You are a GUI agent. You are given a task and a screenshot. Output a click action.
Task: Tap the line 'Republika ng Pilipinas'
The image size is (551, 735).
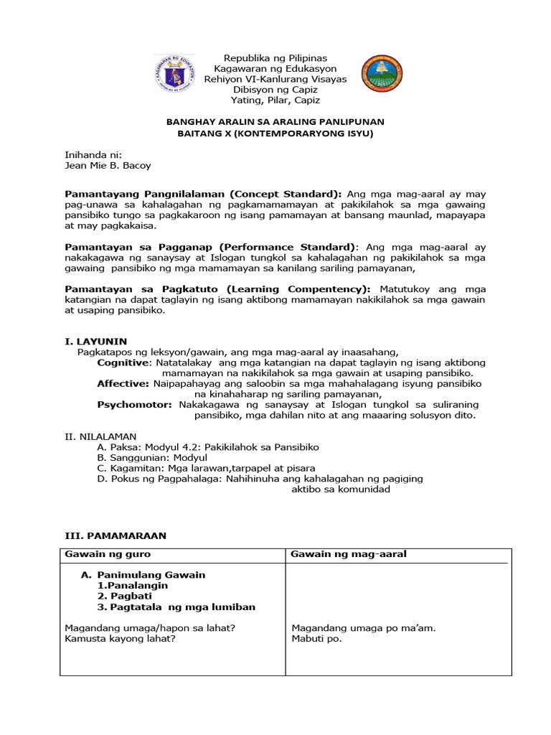coord(275,57)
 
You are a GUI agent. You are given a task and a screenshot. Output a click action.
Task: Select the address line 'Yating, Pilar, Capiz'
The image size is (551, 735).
coord(275,100)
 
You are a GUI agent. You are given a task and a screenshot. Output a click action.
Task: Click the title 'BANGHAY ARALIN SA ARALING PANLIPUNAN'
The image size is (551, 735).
coord(275,122)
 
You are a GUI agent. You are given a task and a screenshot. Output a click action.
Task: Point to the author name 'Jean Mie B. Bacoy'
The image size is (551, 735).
coord(108,166)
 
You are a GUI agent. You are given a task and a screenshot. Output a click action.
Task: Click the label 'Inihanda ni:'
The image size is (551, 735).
coord(93,154)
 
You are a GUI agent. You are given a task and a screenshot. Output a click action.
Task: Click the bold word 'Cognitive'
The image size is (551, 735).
coord(124,363)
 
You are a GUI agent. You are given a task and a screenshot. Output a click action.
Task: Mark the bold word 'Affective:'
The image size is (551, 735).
coord(123,384)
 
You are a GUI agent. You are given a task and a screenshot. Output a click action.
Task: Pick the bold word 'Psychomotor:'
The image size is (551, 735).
coord(134,405)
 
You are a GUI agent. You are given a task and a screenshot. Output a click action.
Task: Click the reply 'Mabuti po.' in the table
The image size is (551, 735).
coord(316,639)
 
